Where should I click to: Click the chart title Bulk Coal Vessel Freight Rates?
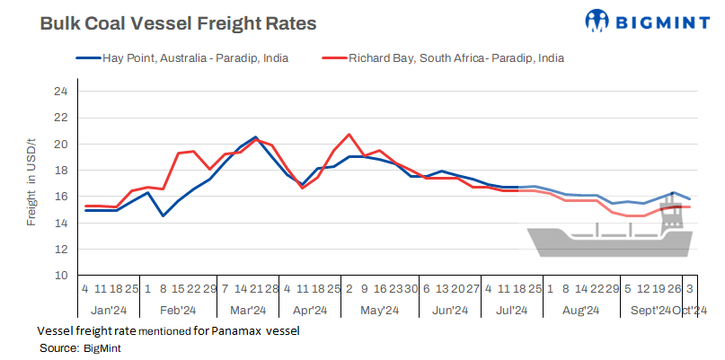point(178,24)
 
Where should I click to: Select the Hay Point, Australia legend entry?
point(192,58)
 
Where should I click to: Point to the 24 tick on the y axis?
point(60,92)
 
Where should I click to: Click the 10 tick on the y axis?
point(60,276)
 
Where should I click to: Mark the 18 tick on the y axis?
point(60,171)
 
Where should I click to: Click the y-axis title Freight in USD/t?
point(31,183)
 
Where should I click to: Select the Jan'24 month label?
point(108,311)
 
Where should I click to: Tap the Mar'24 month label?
point(248,311)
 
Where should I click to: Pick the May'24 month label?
point(379,311)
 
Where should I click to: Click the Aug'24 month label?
point(580,311)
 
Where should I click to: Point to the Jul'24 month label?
point(511,311)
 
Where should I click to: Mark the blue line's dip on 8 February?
point(163,215)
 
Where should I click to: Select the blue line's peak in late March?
point(256,137)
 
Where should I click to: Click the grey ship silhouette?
point(611,238)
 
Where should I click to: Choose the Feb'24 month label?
point(178,311)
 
